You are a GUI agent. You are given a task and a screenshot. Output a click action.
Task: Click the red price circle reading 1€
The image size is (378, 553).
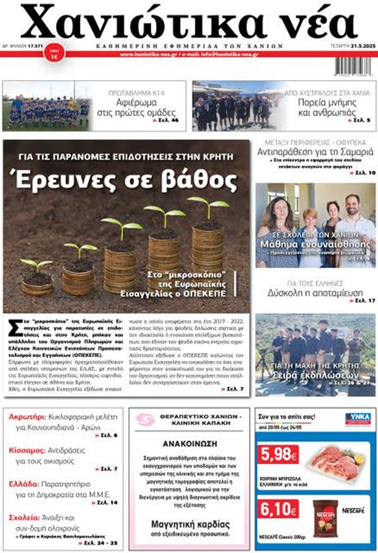click(x=54, y=54)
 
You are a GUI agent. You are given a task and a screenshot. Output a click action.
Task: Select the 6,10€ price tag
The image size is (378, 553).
click(x=278, y=509)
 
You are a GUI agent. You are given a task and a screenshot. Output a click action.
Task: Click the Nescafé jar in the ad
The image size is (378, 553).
click(x=325, y=518)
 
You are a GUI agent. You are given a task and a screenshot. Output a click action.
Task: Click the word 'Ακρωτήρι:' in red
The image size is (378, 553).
click(x=27, y=417)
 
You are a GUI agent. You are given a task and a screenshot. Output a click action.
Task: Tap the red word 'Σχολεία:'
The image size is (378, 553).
click(x=24, y=518)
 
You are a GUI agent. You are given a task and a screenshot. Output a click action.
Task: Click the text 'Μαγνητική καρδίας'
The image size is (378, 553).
click(x=190, y=525)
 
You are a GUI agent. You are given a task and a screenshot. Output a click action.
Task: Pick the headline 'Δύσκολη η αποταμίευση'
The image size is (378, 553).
click(x=315, y=293)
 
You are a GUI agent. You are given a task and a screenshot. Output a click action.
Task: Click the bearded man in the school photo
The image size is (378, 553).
click(x=355, y=215)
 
